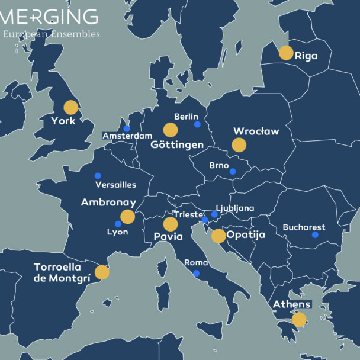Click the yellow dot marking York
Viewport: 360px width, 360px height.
click(x=71, y=107)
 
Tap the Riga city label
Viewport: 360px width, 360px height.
click(x=306, y=56)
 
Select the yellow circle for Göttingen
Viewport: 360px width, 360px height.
click(x=171, y=130)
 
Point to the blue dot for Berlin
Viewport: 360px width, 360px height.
click(x=197, y=124)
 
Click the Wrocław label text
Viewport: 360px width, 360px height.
click(x=256, y=131)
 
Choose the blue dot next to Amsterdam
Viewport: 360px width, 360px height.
click(x=126, y=128)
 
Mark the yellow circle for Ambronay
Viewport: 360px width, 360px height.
click(x=128, y=217)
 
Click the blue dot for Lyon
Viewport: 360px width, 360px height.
click(x=118, y=224)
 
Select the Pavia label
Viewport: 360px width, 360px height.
click(x=168, y=237)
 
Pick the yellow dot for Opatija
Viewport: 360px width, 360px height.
click(x=218, y=236)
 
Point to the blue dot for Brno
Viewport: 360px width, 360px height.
click(x=233, y=172)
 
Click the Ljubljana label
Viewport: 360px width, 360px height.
click(x=235, y=208)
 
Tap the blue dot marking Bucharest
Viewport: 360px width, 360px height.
click(x=315, y=235)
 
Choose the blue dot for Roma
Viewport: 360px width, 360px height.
click(x=197, y=273)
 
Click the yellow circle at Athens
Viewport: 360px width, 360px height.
click(x=299, y=320)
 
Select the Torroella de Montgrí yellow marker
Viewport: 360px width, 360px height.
click(x=102, y=272)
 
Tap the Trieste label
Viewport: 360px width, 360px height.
click(x=188, y=214)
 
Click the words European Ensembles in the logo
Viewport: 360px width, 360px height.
click(x=51, y=34)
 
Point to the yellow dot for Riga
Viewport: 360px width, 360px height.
click(x=286, y=53)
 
